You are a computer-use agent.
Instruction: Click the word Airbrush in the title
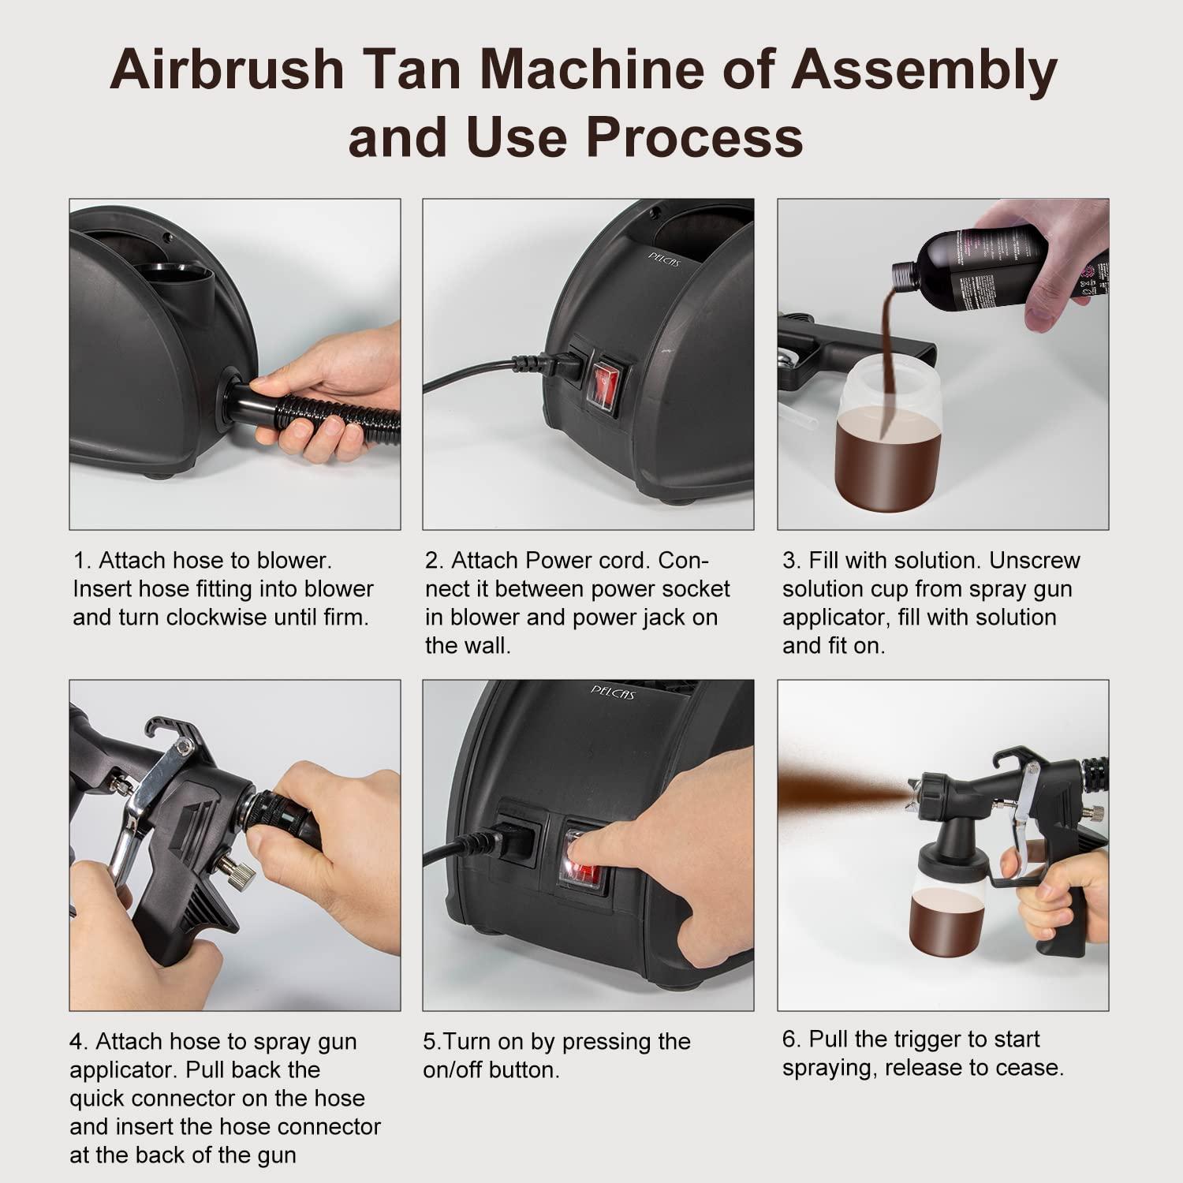(x=227, y=69)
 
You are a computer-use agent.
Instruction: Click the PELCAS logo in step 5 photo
(x=612, y=692)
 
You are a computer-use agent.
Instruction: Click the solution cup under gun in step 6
(x=948, y=907)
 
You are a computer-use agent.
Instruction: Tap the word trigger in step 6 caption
(x=929, y=1039)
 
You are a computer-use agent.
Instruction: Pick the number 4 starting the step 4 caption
(x=77, y=1042)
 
